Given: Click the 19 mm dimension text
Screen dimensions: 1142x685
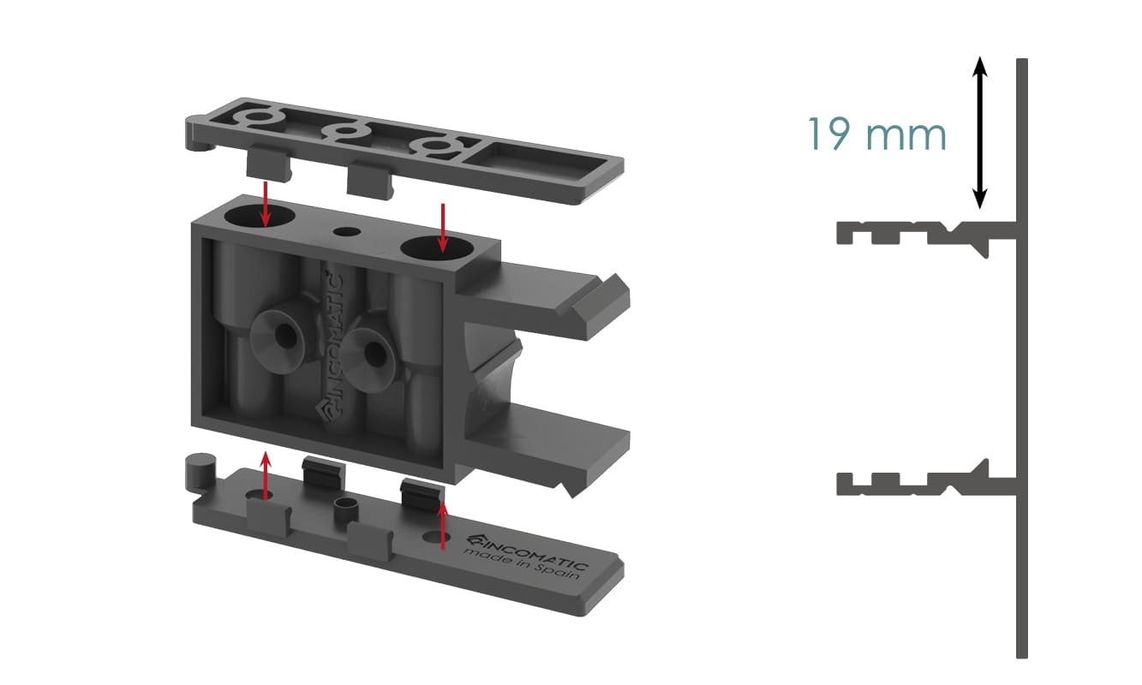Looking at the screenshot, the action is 877,134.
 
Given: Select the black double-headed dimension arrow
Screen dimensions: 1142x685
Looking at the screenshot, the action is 979,133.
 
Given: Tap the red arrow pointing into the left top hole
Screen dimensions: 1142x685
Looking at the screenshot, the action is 265,204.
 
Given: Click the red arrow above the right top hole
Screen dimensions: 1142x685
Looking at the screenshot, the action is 443,228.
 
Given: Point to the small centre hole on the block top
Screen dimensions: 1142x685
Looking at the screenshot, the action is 347,232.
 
